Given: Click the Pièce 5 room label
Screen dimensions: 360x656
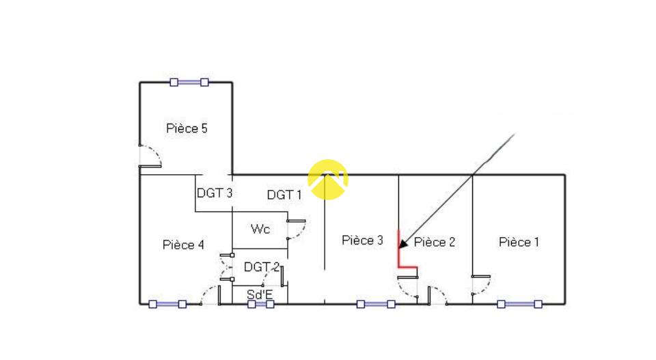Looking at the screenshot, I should pyautogui.click(x=187, y=128).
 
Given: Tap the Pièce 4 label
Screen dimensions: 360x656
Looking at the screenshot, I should pyautogui.click(x=183, y=245).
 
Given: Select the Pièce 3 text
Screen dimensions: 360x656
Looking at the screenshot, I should pyautogui.click(x=362, y=240).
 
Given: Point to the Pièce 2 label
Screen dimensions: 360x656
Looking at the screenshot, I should pyautogui.click(x=435, y=242).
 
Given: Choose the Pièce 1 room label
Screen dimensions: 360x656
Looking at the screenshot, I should pyautogui.click(x=519, y=242).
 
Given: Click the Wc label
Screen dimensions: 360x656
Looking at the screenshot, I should pyautogui.click(x=260, y=229).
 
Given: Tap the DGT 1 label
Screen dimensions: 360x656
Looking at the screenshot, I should pyautogui.click(x=284, y=195).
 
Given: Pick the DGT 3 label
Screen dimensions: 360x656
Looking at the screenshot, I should pyautogui.click(x=215, y=193).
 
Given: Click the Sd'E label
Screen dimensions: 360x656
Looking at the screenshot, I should pyautogui.click(x=259, y=294).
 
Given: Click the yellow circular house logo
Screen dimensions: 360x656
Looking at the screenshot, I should pyautogui.click(x=328, y=179).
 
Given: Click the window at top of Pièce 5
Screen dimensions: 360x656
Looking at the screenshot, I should pyautogui.click(x=189, y=82).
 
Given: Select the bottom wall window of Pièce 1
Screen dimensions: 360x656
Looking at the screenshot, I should pyautogui.click(x=519, y=304).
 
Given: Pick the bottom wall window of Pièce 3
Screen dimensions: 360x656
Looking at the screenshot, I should pyautogui.click(x=376, y=304).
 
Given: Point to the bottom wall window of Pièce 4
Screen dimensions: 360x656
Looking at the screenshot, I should pyautogui.click(x=167, y=304).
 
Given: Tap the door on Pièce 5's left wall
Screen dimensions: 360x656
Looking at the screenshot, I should pyautogui.click(x=148, y=157).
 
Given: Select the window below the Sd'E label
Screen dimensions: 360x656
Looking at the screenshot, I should pyautogui.click(x=260, y=305).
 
